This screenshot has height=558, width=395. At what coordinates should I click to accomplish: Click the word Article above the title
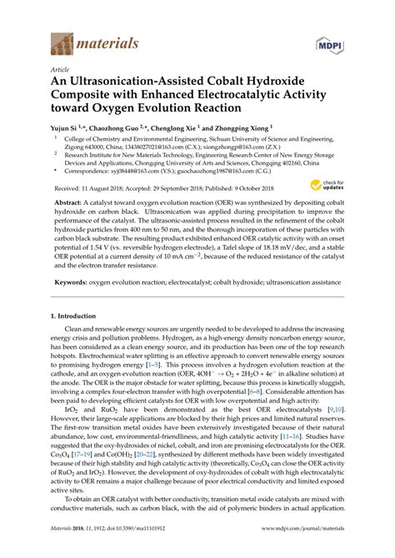point(61,71)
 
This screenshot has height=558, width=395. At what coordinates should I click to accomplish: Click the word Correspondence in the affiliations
point(87,174)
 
